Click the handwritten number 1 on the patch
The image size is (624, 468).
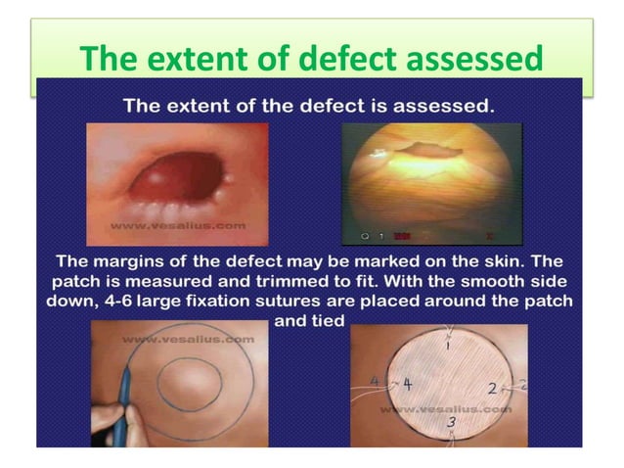pos(449,345)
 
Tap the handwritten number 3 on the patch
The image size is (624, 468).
pos(451,422)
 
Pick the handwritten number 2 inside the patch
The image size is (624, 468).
pos(492,388)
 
